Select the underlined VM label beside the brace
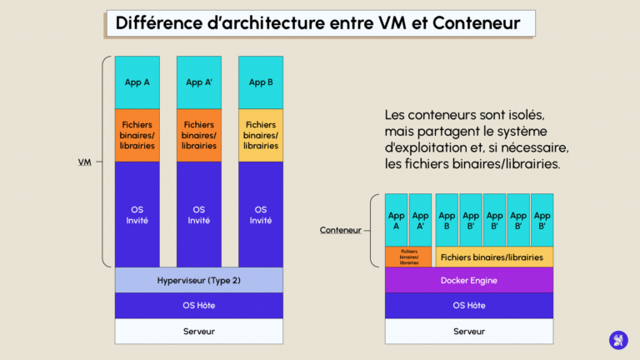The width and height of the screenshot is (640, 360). tap(84, 162)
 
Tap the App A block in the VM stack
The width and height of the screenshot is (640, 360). tap(137, 82)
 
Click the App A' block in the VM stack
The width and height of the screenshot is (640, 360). tap(198, 82)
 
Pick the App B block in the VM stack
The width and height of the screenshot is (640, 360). tap(260, 82)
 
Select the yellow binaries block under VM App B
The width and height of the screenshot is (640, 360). tap(260, 135)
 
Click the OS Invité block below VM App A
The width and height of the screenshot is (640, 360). tap(137, 214)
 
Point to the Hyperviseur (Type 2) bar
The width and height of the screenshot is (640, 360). tap(198, 280)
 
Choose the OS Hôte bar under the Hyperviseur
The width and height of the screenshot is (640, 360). tap(198, 305)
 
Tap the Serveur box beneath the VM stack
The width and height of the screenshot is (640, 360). tap(198, 331)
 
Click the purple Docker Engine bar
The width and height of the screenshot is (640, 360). tap(468, 280)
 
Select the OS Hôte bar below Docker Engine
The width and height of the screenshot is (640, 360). tap(468, 305)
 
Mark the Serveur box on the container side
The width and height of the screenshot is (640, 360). tap(468, 331)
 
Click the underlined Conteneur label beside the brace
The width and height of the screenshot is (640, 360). tap(340, 230)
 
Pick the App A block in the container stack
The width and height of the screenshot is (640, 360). tap(396, 220)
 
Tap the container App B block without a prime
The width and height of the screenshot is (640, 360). tap(447, 220)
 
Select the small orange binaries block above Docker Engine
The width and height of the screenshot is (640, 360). tap(408, 257)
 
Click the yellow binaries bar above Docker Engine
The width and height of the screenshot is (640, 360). tap(493, 257)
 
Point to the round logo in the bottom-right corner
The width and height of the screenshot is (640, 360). tap(618, 339)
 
